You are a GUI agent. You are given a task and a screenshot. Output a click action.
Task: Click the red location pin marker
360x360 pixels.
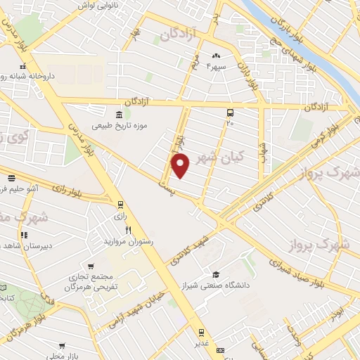(x=181, y=166)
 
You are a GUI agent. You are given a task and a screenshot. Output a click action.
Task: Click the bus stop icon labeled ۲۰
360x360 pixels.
(x=229, y=112)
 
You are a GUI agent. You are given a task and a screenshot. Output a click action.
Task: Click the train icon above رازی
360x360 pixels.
(x=120, y=205)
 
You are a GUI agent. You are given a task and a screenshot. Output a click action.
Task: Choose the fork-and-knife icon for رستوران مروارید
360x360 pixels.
(x=129, y=229)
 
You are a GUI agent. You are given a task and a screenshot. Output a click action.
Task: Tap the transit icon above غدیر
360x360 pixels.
(x=201, y=333)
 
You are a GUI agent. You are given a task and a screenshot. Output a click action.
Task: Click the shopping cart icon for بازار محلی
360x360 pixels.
(x=63, y=346)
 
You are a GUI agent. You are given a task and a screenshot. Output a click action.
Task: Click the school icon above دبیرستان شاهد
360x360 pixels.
(x=23, y=235)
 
